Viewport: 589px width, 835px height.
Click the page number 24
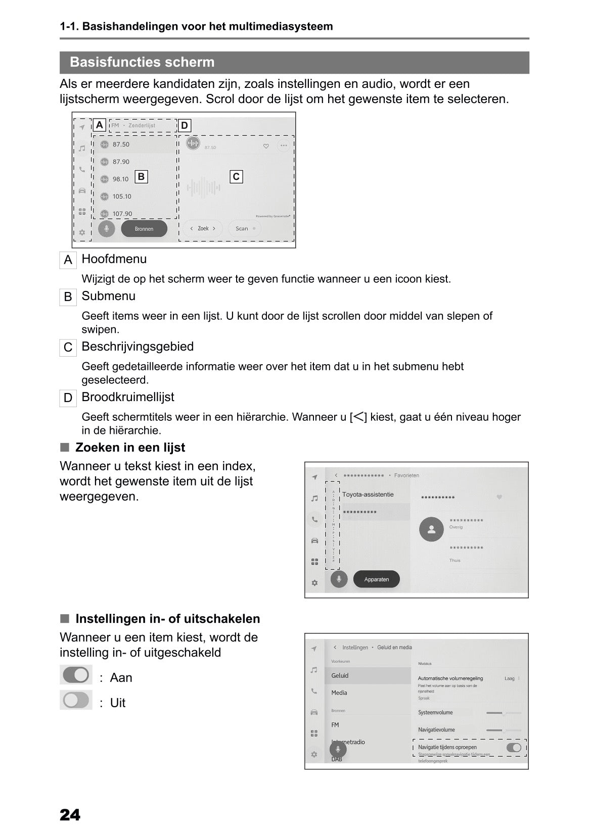70,815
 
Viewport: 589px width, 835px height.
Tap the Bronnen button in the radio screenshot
144,229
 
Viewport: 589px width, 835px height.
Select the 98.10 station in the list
120,179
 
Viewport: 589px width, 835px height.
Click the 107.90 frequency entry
122,214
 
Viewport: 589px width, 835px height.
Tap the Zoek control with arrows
203,229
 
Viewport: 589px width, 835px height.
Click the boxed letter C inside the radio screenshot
236,177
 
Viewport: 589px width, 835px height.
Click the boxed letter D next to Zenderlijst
185,125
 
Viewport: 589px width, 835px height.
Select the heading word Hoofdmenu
114,259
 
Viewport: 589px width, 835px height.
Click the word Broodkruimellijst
127,397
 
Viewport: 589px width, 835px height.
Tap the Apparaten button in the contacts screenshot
376,579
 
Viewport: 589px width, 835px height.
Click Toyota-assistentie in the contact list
368,495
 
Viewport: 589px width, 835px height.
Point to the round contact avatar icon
431,529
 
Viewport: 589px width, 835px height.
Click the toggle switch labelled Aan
76,675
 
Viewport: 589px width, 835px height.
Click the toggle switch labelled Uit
76,700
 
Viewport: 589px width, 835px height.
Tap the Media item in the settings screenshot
339,693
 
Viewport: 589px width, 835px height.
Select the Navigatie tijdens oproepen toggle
514,747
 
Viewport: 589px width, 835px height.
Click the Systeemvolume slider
503,713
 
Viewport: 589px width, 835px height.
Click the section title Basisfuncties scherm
142,62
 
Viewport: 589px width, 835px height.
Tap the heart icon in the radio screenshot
266,146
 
